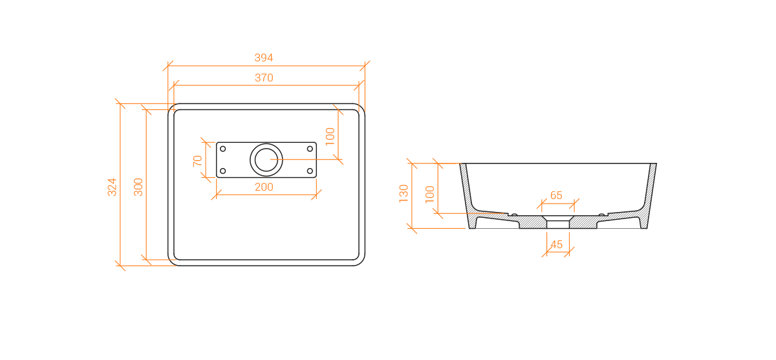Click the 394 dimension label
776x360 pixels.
tap(264, 58)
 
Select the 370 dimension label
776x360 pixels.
tap(264, 78)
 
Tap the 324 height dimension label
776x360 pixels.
tap(112, 187)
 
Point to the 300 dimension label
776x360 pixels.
tap(138, 187)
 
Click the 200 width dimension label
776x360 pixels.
tap(264, 187)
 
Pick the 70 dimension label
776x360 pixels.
tap(197, 161)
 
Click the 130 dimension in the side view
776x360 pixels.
tap(404, 194)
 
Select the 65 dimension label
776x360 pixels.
tap(556, 196)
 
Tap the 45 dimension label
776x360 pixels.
tap(556, 245)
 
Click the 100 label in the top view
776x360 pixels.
tap(330, 136)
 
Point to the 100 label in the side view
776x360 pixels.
tap(429, 194)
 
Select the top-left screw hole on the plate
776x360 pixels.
tap(222, 149)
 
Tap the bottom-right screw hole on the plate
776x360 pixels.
tap(310, 171)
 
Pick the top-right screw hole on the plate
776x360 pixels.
tap(310, 149)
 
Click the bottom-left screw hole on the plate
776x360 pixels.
tap(222, 171)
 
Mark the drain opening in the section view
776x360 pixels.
tap(558, 222)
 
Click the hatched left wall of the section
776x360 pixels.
tap(467, 194)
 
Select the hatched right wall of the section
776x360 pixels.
tap(649, 194)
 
